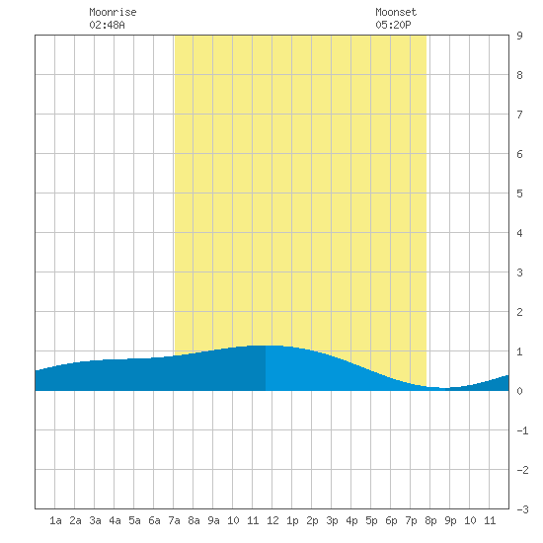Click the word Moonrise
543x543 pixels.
pos(113,12)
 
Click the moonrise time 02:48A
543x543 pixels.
pos(107,25)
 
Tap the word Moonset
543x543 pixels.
pos(396,12)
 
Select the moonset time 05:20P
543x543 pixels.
pos(393,25)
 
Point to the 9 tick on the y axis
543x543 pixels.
pos(519,36)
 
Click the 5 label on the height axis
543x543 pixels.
pos(519,194)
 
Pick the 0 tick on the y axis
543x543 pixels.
pos(519,391)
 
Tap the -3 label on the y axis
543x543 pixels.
pos(522,509)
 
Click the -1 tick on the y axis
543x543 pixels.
pos(522,430)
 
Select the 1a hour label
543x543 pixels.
pos(55,520)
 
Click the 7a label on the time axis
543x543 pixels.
pos(174,520)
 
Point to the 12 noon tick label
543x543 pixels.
pos(272,520)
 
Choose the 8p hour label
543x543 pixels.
pos(430,520)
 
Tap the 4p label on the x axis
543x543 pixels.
pos(351,520)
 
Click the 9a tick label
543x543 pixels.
pos(213,520)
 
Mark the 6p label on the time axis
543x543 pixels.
pos(391,520)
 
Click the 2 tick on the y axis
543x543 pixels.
pos(519,312)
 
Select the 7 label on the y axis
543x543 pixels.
pos(519,115)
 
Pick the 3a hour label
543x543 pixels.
pos(95,520)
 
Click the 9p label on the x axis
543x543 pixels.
pos(450,520)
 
